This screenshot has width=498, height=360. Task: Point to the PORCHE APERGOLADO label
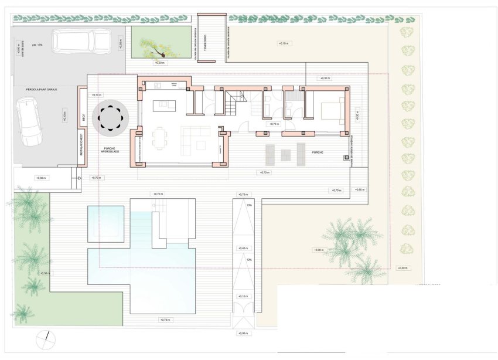click(111, 150)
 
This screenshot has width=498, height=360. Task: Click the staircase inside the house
click(234, 104)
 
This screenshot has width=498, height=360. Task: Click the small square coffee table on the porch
click(286, 155)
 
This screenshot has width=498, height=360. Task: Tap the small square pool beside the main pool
click(105, 223)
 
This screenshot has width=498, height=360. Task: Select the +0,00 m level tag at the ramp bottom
click(243, 333)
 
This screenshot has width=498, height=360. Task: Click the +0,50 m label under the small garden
click(159, 62)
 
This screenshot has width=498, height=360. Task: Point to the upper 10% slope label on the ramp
click(249, 206)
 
